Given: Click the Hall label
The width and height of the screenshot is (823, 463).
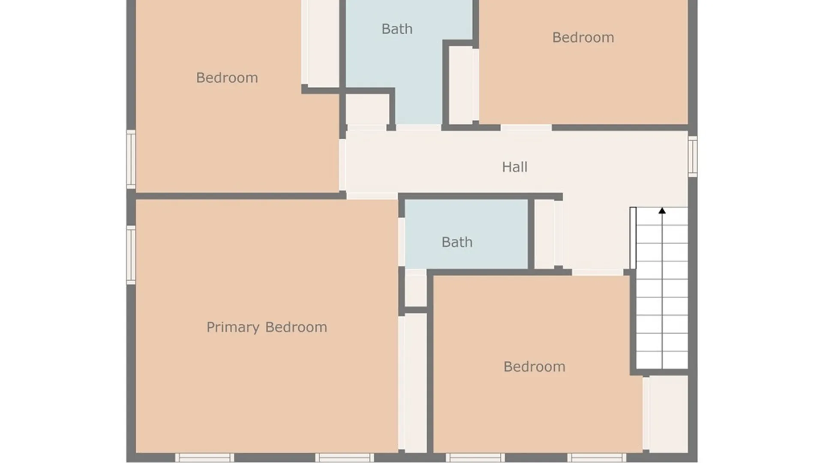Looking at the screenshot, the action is pos(515,167).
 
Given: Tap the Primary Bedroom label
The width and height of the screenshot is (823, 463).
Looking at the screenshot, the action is pos(267,327).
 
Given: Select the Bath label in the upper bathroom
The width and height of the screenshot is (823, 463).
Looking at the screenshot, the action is pos(397,29).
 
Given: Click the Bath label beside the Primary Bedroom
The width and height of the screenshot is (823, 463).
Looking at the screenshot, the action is pos(457,242).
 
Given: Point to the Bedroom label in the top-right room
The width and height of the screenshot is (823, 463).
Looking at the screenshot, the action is pos(583,37).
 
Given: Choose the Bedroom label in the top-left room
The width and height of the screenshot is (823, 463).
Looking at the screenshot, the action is pos(227,78).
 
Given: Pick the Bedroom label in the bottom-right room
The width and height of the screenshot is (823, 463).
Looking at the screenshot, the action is pos(534,367).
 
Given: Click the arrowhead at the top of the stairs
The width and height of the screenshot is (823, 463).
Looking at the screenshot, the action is pos(662,210).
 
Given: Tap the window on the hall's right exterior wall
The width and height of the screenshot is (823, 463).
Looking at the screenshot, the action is pos(693,156).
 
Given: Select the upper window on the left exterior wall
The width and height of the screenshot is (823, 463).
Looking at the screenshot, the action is pos(131,159).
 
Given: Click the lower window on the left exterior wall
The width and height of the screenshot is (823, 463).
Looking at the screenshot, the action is pos(131,255).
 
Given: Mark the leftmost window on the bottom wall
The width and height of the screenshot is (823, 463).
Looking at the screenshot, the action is pos(204,457).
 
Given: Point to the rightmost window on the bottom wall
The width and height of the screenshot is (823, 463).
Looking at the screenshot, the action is pos(597,457).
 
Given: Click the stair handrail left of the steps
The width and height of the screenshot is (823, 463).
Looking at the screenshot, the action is pos(633,238).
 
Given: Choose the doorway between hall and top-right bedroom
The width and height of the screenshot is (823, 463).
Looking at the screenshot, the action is pos(526,128).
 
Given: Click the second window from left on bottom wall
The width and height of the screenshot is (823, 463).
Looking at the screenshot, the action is pos(345,457).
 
